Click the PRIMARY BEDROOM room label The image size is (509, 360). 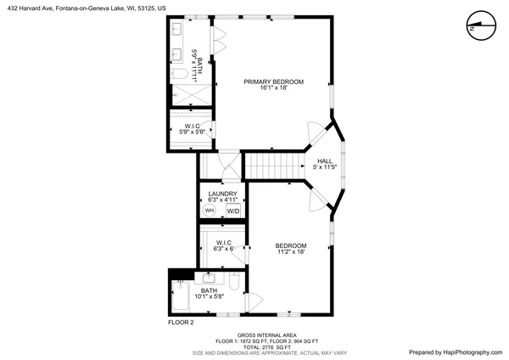[273, 82]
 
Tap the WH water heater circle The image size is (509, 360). [210, 211]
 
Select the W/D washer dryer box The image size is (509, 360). [232, 211]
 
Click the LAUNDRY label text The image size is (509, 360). [221, 194]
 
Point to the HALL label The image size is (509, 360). [325, 160]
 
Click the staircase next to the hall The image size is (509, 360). [273, 165]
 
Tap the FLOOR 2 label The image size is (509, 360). [181, 323]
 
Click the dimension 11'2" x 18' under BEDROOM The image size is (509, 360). [290, 251]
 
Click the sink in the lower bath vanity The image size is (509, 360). [209, 277]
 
